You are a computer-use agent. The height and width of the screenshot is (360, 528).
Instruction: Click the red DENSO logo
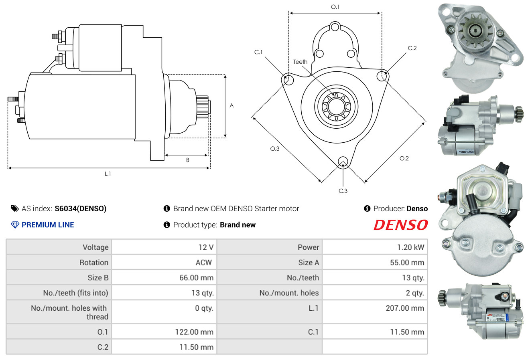click(x=400, y=225)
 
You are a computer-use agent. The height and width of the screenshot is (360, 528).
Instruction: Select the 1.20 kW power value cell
click(x=410, y=247)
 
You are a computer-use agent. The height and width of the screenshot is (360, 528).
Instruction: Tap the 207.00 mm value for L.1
click(x=405, y=308)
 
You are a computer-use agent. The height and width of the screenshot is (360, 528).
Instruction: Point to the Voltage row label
click(x=95, y=247)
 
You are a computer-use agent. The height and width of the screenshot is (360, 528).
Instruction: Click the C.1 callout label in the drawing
click(x=258, y=52)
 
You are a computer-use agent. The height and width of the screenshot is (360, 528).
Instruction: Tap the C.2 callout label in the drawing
click(x=412, y=49)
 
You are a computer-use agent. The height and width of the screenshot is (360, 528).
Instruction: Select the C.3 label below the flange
click(x=343, y=191)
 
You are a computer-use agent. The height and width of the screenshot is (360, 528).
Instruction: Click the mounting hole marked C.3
click(x=343, y=162)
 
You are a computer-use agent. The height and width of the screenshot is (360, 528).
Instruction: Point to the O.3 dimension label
click(x=274, y=149)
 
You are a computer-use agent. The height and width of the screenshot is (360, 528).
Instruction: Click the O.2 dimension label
click(x=404, y=158)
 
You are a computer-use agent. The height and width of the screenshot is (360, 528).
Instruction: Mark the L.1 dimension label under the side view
click(x=108, y=174)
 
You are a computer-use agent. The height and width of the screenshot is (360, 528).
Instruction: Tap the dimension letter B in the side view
click(x=187, y=160)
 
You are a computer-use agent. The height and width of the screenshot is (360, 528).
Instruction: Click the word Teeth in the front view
click(x=300, y=62)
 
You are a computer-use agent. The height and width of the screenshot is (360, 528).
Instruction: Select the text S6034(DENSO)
click(x=81, y=208)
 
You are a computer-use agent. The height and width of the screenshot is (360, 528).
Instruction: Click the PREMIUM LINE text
click(x=48, y=225)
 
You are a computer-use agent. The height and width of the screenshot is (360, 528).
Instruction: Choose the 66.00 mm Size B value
click(x=196, y=277)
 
